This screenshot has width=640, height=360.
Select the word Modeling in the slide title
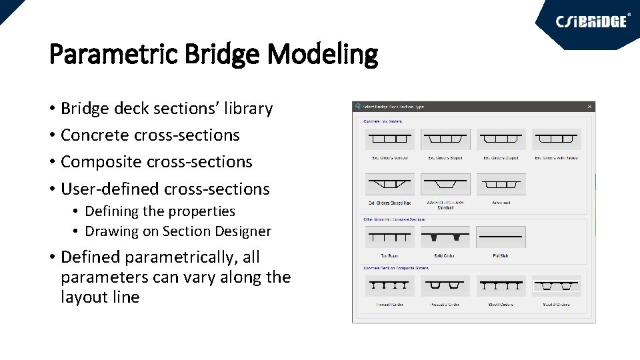click(323, 54)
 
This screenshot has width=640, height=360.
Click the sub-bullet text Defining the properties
click(160, 211)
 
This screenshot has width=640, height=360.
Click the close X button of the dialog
click(589, 107)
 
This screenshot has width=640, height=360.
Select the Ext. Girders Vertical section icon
click(389, 139)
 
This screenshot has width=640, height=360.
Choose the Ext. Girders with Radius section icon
click(557, 139)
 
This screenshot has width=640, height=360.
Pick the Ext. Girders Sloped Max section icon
click(389, 184)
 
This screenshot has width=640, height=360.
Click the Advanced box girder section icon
click(501, 184)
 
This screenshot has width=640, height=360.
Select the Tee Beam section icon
click(389, 237)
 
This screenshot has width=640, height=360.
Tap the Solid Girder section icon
click(445, 237)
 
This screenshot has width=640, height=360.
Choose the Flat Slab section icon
click(501, 237)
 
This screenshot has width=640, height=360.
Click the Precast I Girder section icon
click(389, 286)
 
